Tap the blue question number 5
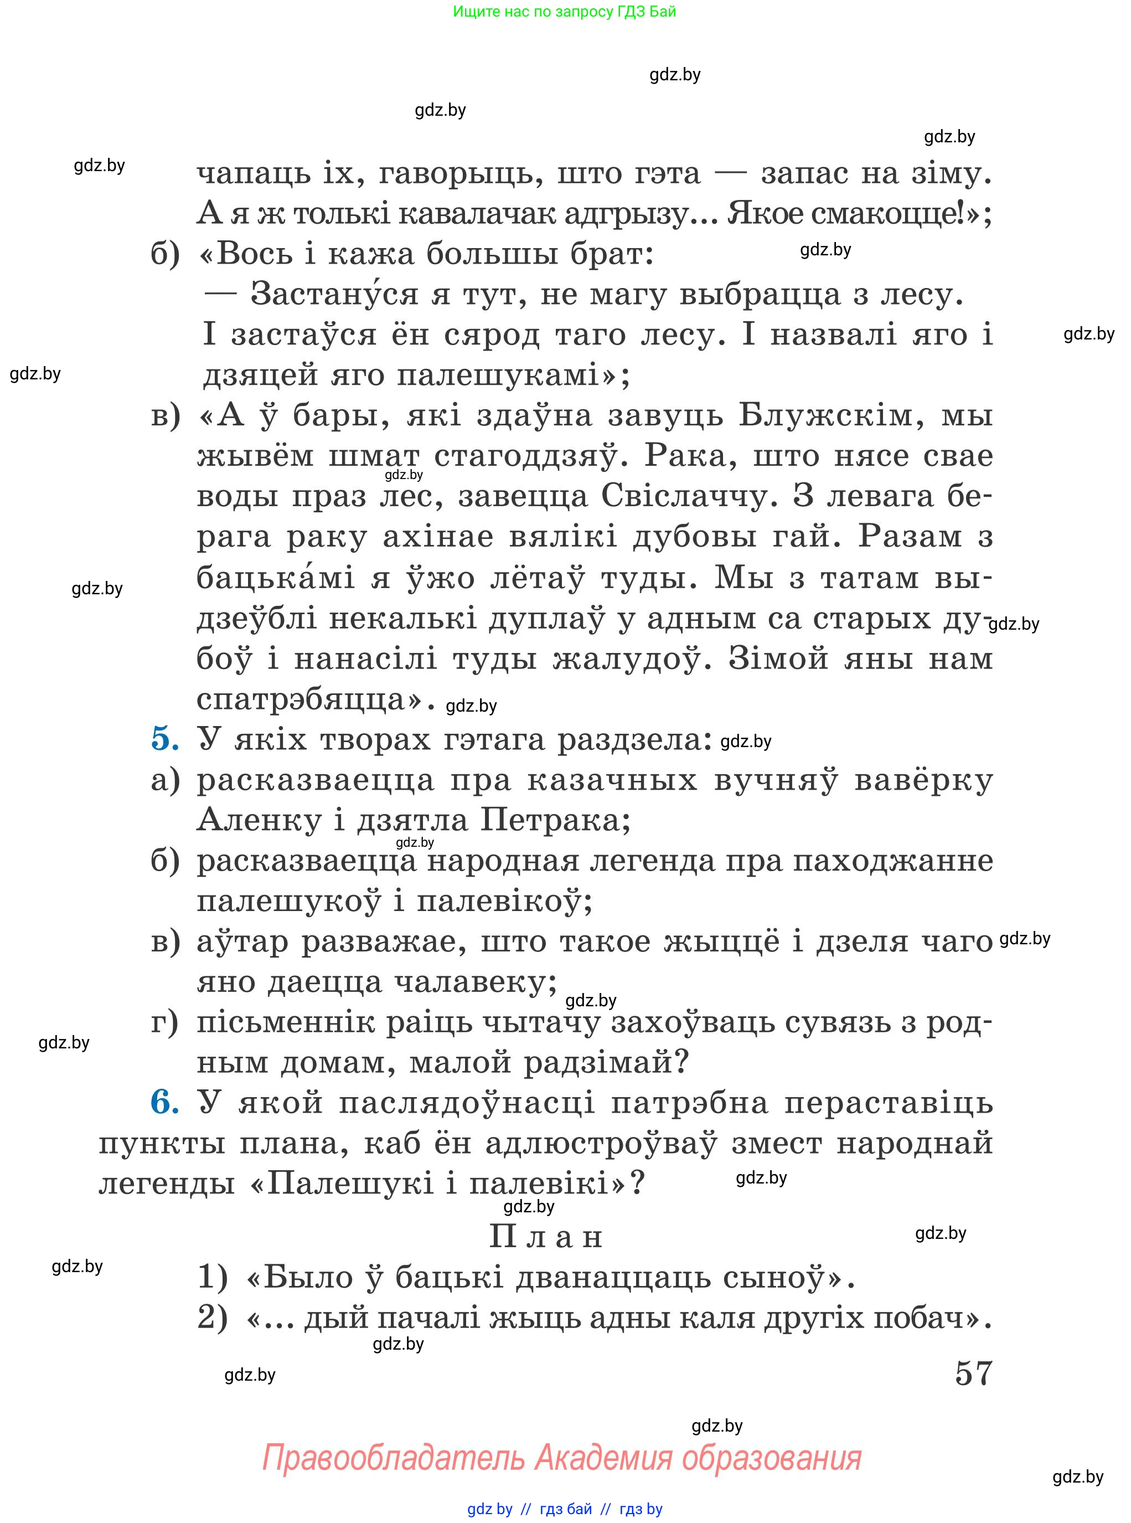point(164,739)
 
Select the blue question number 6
point(164,1102)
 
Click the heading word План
point(546,1236)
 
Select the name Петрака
point(555,820)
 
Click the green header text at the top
point(564,12)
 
